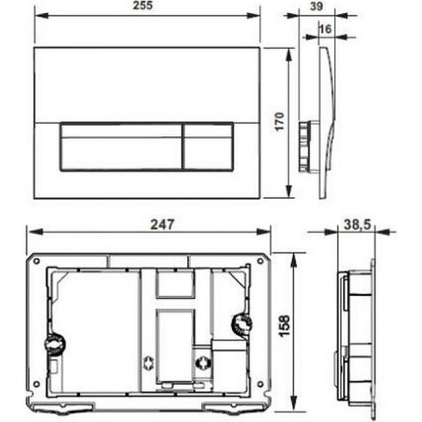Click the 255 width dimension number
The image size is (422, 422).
click(x=148, y=7)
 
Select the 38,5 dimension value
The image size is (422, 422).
click(x=357, y=223)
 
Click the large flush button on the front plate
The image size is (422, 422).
click(x=121, y=147)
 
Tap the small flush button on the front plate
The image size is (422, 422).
click(x=208, y=147)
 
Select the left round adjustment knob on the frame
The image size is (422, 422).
click(x=53, y=344)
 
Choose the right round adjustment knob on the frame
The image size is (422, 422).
click(x=241, y=323)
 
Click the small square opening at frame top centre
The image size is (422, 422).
click(x=175, y=283)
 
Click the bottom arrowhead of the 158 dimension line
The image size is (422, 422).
click(x=295, y=406)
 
